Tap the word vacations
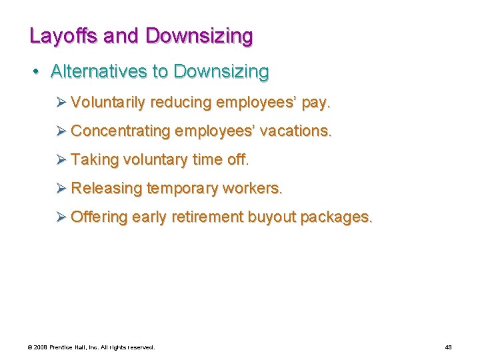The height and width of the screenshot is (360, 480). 294,131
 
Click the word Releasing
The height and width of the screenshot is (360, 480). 106,189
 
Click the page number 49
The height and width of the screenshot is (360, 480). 448,347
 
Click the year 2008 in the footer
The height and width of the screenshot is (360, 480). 41,347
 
